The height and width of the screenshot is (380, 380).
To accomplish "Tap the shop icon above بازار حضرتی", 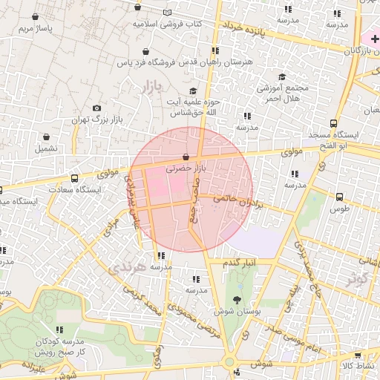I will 186,157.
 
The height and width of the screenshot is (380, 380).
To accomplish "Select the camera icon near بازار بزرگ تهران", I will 96,108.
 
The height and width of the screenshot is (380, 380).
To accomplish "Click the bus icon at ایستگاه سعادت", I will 74,179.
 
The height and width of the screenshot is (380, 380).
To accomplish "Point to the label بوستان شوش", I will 236,312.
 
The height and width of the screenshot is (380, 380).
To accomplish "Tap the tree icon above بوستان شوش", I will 237,300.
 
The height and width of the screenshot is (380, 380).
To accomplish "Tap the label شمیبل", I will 46,148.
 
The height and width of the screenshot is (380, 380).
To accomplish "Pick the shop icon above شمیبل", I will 46,137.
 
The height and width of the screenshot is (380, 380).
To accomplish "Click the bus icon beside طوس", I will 340,197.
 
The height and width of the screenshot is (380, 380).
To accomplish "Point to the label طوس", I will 340,209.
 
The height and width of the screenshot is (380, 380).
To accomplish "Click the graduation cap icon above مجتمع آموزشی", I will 282,77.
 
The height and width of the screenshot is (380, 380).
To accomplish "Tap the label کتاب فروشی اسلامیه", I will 168,24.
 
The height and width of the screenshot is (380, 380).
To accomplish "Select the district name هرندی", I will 124,268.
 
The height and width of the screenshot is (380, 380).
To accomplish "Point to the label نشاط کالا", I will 358,366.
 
